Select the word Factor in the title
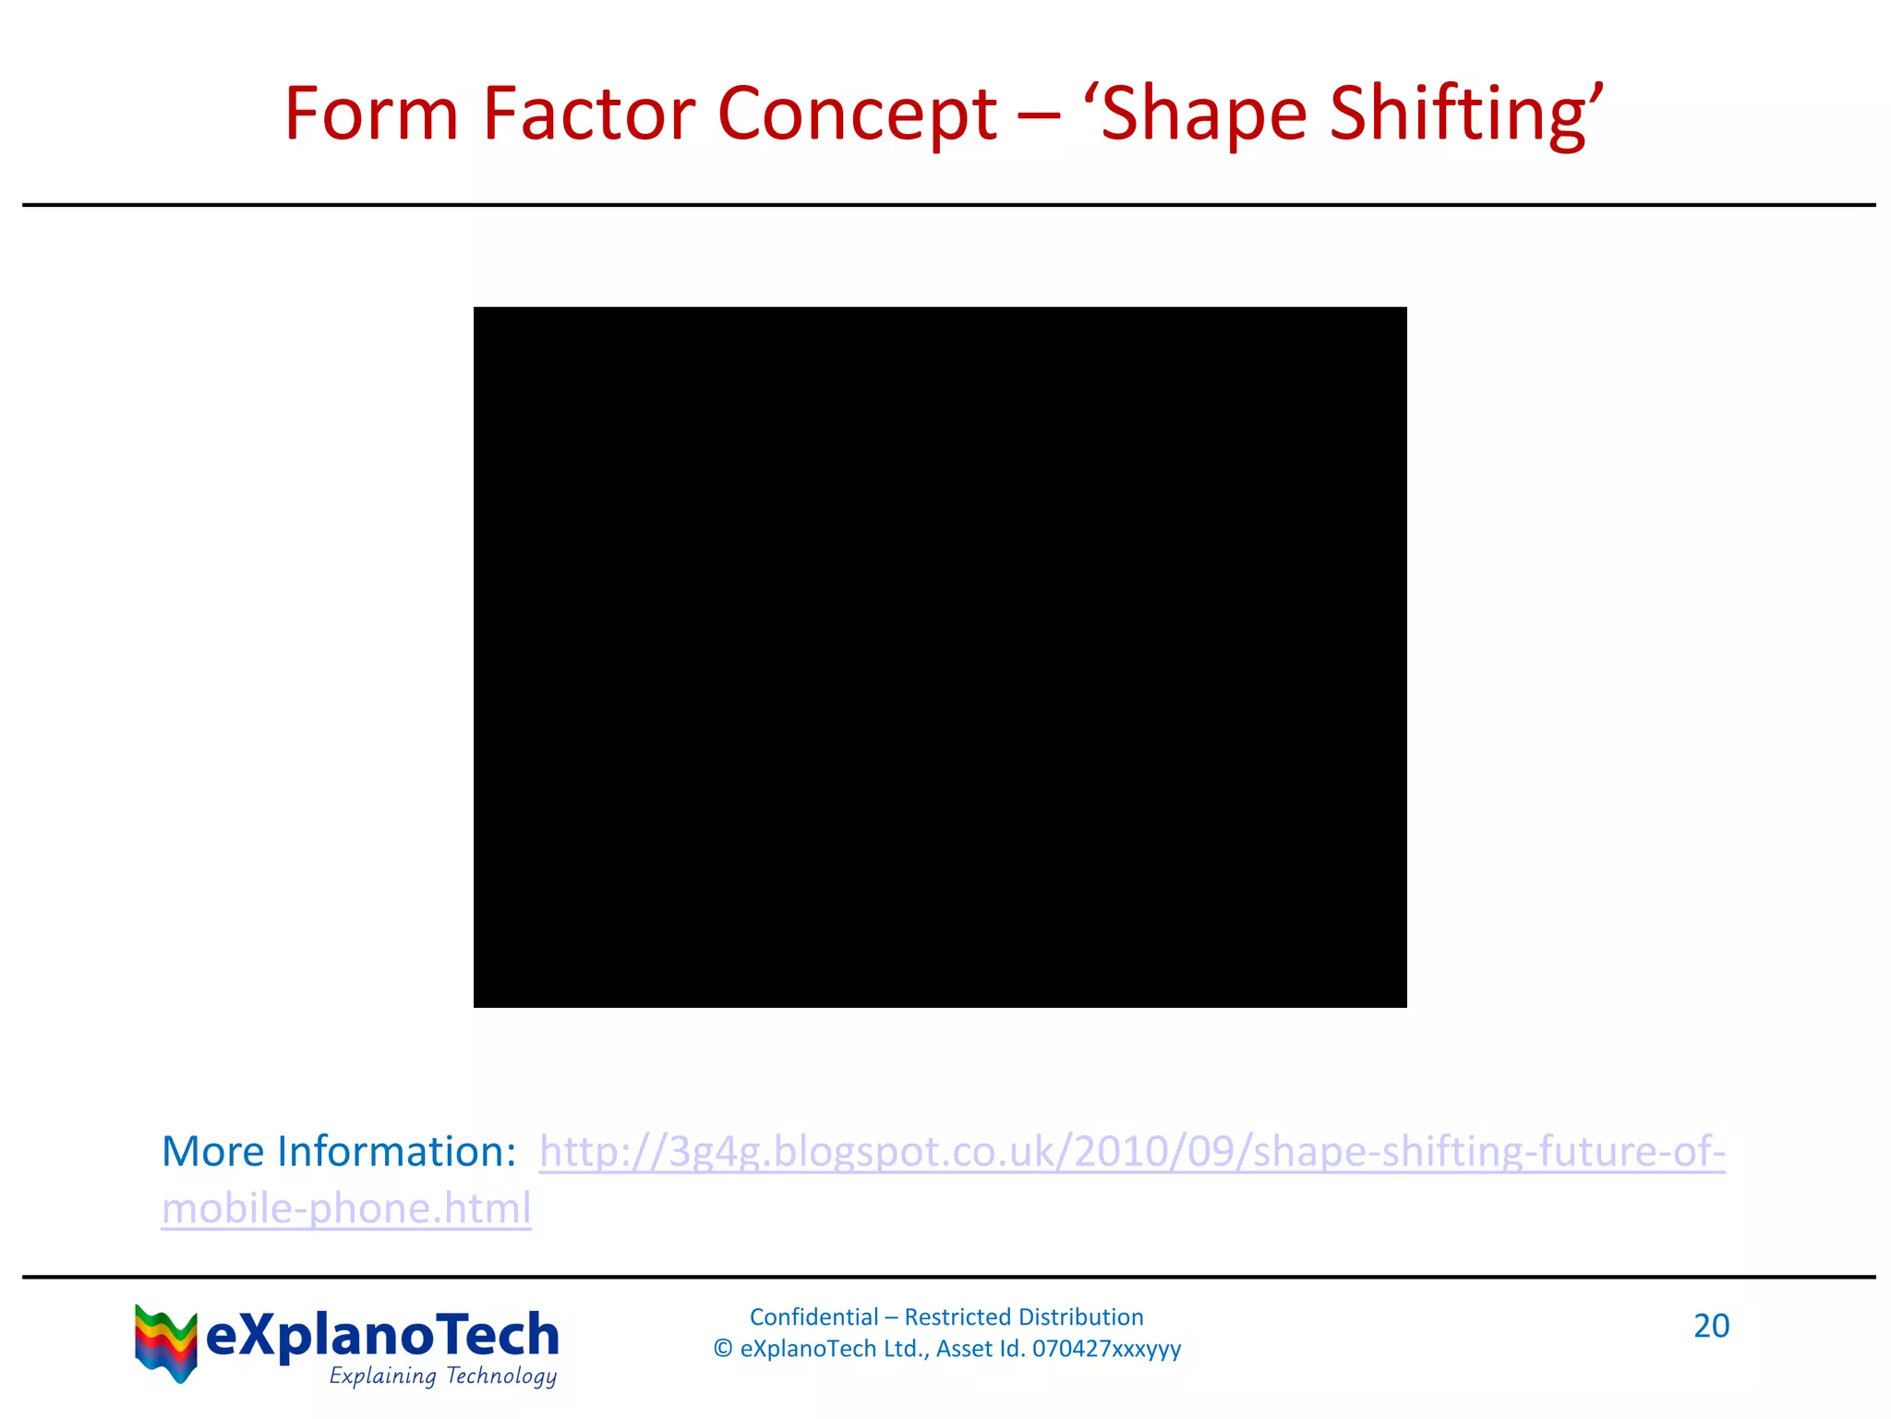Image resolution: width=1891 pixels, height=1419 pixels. click(x=589, y=114)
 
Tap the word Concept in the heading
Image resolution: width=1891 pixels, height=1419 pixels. click(x=857, y=115)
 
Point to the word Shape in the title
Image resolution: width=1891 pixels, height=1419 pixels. click(x=1204, y=115)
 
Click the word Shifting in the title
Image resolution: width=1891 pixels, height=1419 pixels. click(x=1459, y=115)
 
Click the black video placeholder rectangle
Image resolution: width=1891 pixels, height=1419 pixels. click(x=940, y=657)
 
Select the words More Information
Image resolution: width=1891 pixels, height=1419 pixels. click(x=338, y=1151)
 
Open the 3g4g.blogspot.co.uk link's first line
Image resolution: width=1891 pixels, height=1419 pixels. click(x=1132, y=1152)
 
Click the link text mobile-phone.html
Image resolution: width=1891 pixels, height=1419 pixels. click(x=346, y=1208)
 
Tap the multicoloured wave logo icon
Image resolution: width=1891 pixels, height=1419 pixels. click(x=165, y=1342)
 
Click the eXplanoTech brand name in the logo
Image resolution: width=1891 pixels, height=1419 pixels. click(x=382, y=1336)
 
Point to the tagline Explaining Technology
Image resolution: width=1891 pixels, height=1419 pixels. click(x=443, y=1376)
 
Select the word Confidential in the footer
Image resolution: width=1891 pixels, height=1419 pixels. click(x=813, y=1316)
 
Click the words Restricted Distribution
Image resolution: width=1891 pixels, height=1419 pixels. click(x=1024, y=1316)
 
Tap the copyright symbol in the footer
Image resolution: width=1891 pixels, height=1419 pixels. click(x=723, y=1349)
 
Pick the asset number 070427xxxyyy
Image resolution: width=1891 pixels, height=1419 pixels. click(x=1106, y=1349)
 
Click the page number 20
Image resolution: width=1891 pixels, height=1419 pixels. click(x=1711, y=1326)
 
